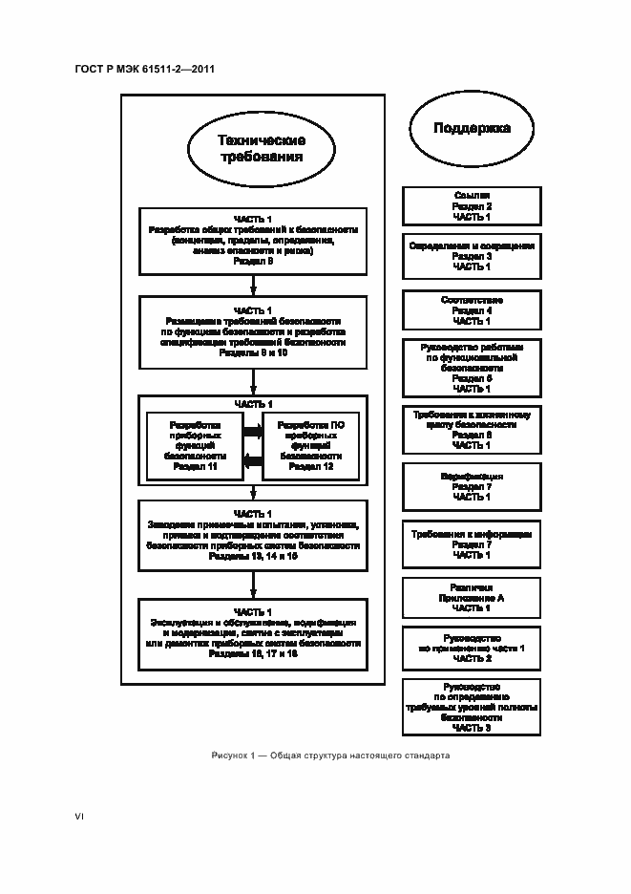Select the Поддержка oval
(x=472, y=128)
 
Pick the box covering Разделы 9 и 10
(x=252, y=332)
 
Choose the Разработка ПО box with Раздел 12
(x=311, y=445)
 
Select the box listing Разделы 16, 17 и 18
(x=252, y=633)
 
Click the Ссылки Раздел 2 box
(x=472, y=205)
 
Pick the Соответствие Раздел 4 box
(x=472, y=309)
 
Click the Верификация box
(x=472, y=486)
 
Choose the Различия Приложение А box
(x=472, y=598)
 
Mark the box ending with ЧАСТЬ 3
(x=472, y=708)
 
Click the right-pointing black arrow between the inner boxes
(x=253, y=432)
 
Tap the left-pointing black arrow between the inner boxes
(x=253, y=461)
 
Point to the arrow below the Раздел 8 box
(x=253, y=285)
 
